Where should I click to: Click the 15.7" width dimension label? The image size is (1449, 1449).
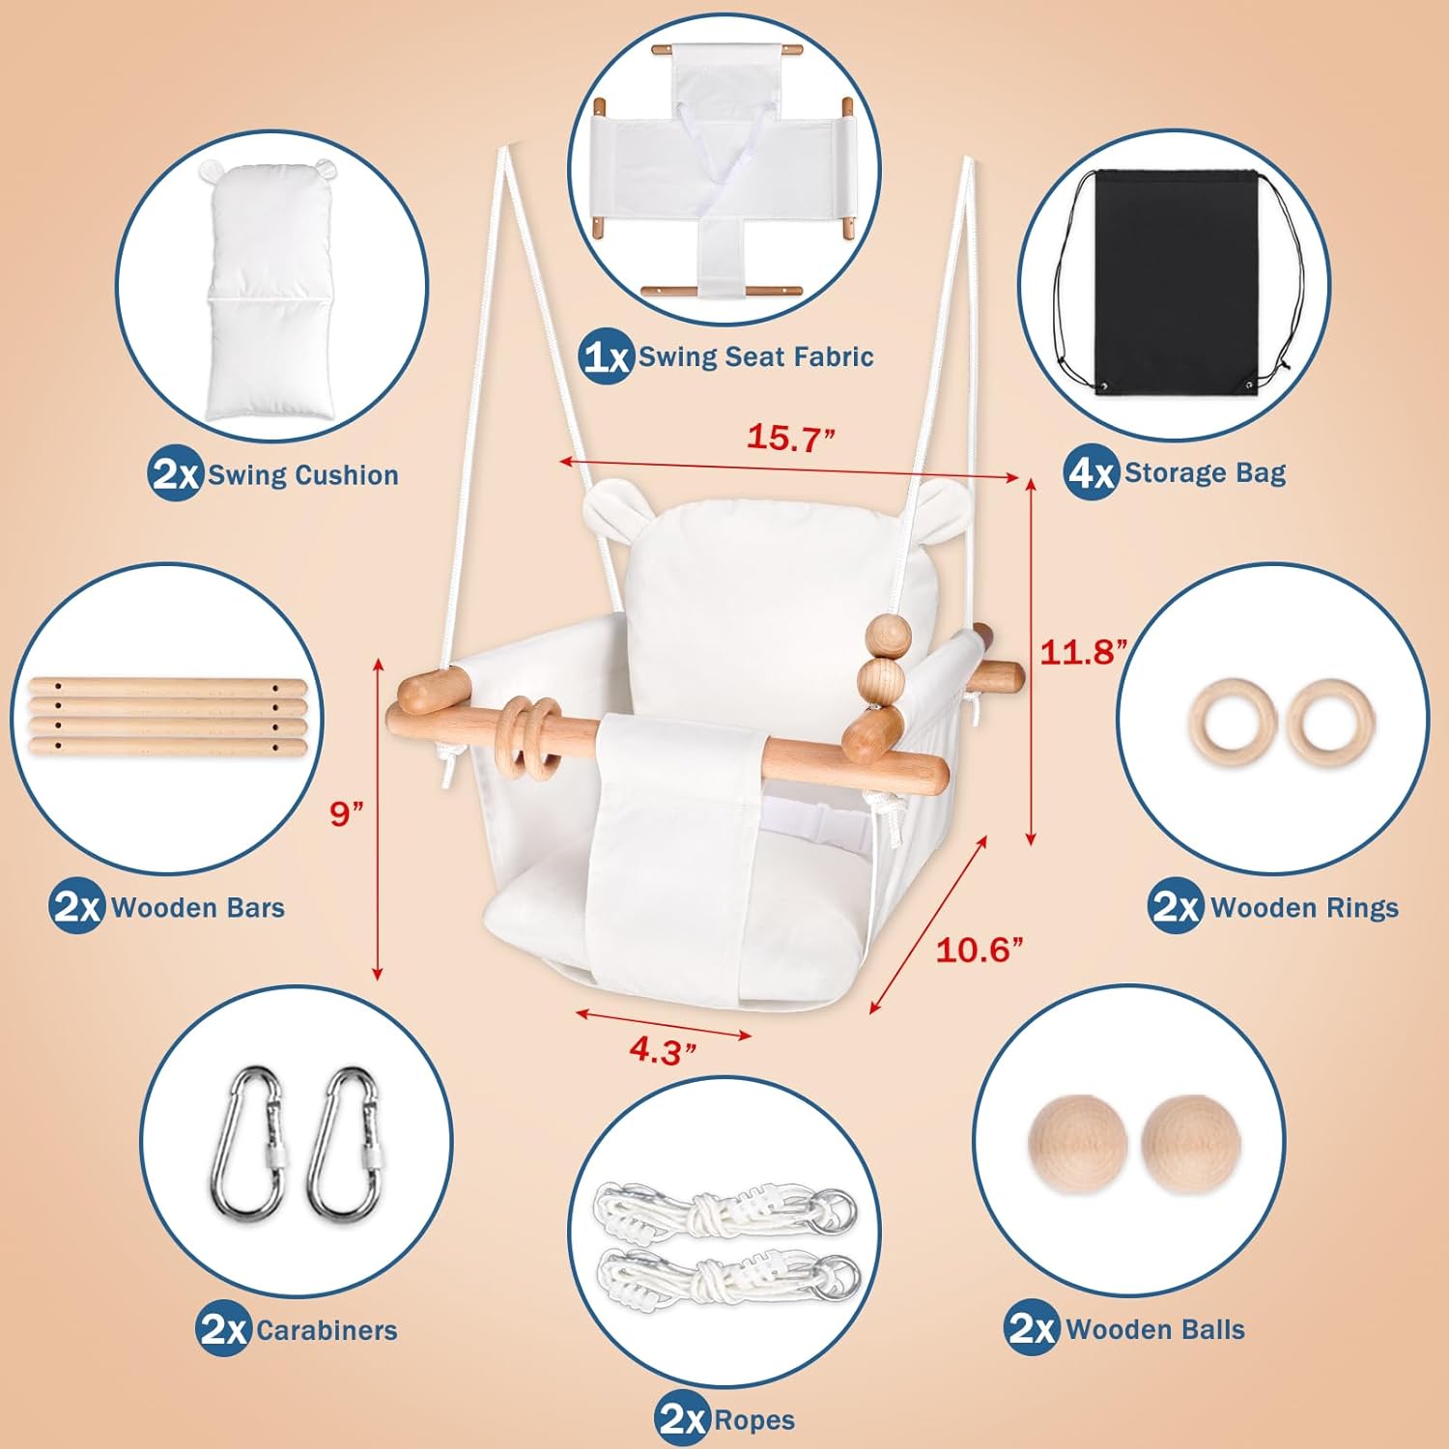789,438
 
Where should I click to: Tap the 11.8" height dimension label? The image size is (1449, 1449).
1082,652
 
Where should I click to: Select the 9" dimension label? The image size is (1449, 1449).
346,813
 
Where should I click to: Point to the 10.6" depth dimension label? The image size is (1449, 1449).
979,951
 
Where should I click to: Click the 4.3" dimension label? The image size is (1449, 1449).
663,1051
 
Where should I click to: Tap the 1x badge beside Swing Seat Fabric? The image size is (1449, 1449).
607,357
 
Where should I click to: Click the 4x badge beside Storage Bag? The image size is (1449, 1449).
1092,473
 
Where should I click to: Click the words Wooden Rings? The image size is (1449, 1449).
1304,908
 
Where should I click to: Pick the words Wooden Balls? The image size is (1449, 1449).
1155,1330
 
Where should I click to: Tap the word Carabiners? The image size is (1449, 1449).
327,1331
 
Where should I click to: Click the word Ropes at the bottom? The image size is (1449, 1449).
754,1421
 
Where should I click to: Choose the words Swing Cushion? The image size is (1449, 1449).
303,475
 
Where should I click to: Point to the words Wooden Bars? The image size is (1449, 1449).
198,908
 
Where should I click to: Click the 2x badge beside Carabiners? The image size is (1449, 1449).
223,1330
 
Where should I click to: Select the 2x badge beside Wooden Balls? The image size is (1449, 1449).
1032,1329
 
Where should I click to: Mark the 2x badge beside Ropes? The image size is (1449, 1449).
682,1420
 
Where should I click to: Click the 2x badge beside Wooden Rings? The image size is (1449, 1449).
1176,907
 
